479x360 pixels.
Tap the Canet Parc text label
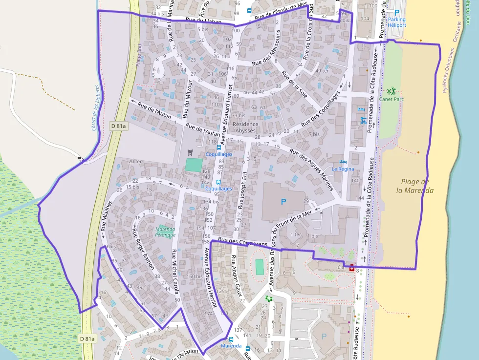[391, 99]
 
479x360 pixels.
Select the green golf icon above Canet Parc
[391, 91]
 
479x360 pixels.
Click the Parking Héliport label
[396, 22]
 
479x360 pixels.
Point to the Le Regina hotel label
[343, 169]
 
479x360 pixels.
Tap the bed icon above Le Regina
[343, 162]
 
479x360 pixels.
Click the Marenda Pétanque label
[165, 232]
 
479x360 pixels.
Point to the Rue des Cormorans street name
[243, 242]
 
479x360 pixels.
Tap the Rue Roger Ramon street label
[143, 249]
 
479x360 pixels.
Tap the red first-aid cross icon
[352, 267]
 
